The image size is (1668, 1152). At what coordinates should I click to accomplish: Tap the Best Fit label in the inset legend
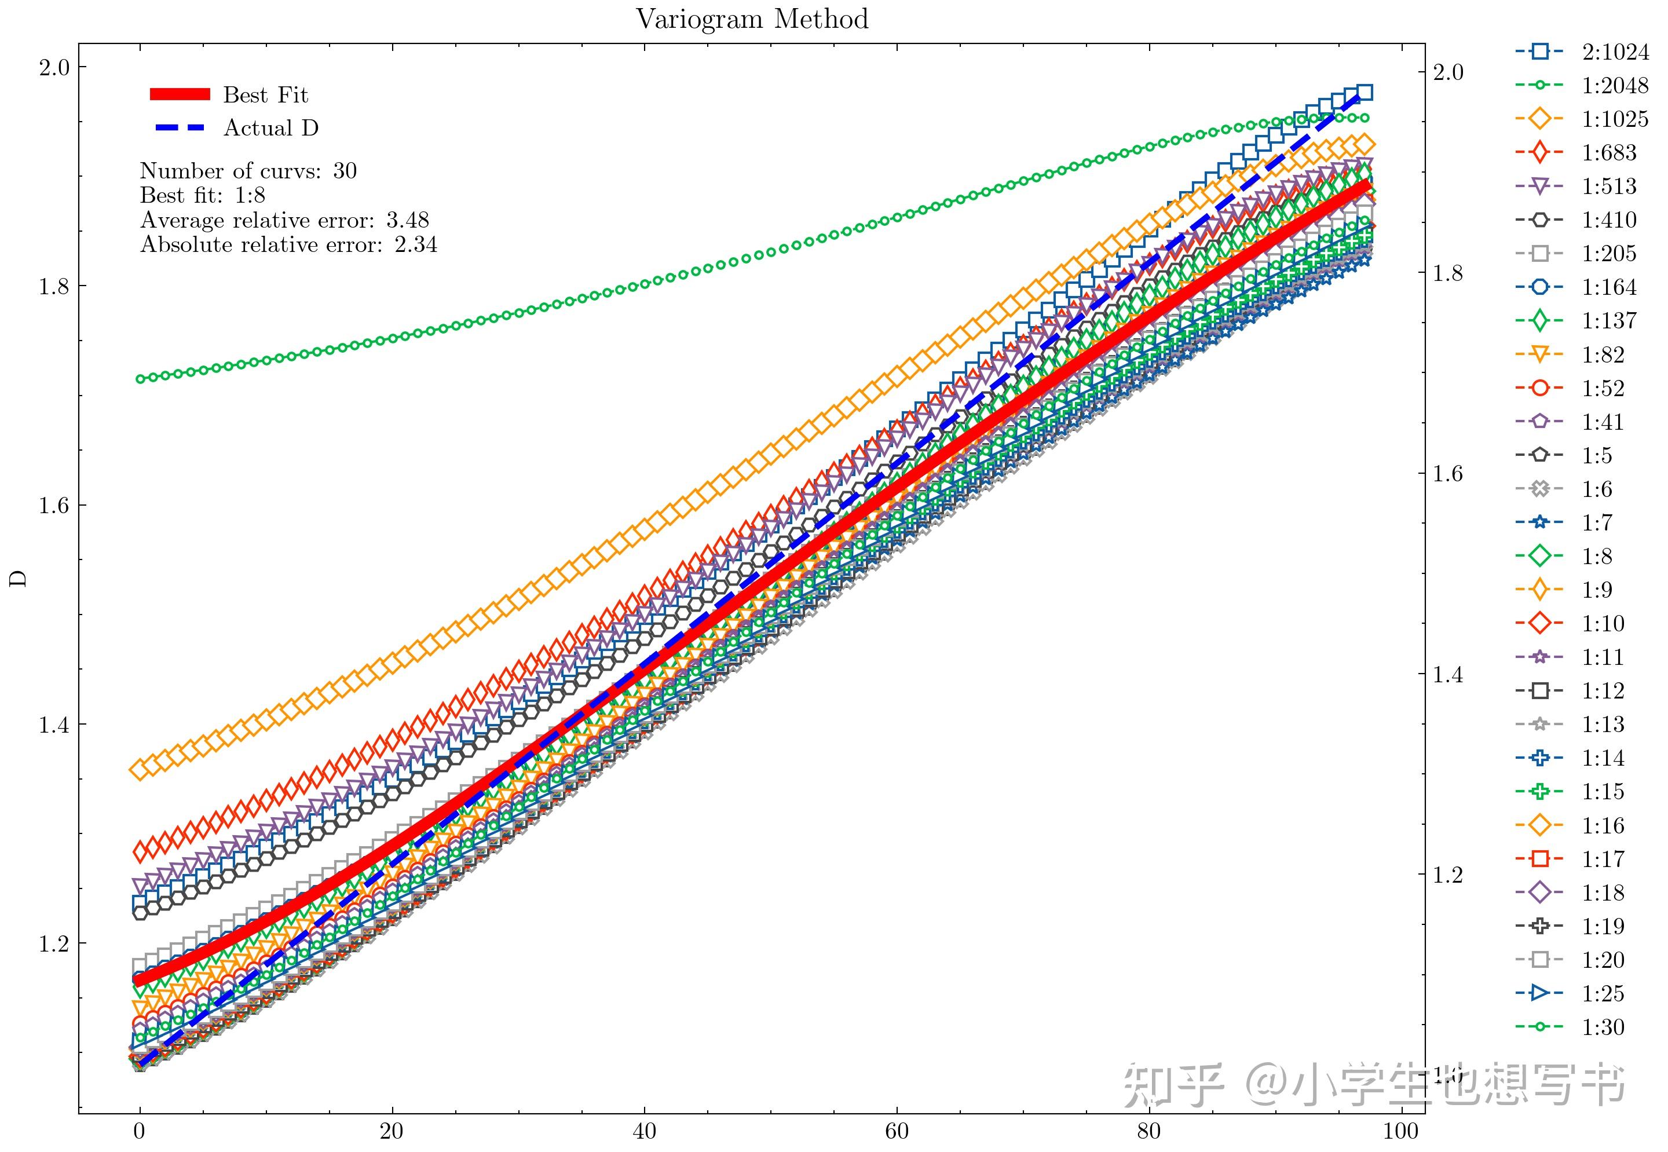[266, 94]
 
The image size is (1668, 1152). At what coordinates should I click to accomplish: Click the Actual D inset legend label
[270, 128]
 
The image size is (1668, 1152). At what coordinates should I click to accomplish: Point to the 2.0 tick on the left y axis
[54, 68]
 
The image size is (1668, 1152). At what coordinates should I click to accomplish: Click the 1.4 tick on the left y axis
[54, 725]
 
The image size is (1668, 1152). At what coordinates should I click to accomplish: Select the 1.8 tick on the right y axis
[1448, 273]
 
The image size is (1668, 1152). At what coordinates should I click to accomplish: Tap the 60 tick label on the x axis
[897, 1131]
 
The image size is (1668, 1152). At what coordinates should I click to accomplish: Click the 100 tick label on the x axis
[1401, 1131]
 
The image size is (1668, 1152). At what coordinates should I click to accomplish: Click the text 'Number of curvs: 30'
[248, 171]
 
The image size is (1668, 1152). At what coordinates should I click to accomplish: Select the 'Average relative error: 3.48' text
[284, 220]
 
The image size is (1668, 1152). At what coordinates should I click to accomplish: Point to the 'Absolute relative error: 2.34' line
[288, 244]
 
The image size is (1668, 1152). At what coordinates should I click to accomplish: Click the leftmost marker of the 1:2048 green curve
[141, 379]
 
